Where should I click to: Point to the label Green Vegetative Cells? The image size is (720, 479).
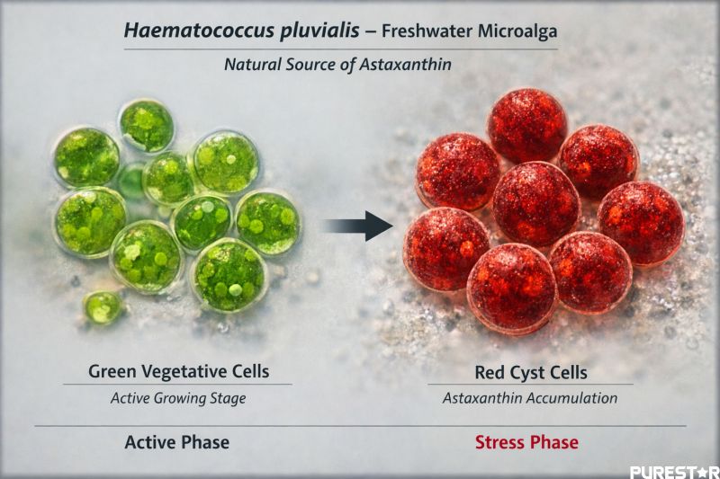178,370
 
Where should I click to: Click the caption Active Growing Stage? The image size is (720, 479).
178,398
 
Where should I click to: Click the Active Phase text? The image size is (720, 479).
176,442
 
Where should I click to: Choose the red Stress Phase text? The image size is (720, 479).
526,442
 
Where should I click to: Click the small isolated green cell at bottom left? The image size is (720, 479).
103,307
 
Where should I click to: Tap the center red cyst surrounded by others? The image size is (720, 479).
536,202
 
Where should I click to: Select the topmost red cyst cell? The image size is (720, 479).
526,125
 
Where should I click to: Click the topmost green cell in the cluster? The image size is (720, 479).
147,125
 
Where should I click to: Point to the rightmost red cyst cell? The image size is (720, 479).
641,223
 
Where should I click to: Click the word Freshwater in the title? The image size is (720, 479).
418,31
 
